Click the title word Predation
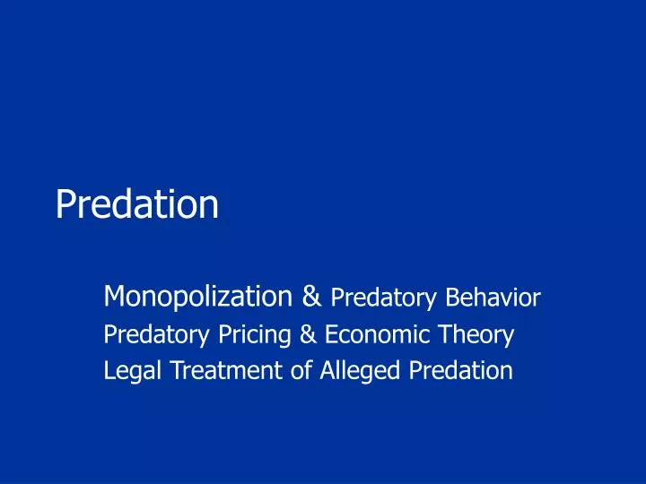tap(136, 204)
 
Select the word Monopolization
tap(197, 295)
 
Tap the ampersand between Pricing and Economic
tap(307, 335)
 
